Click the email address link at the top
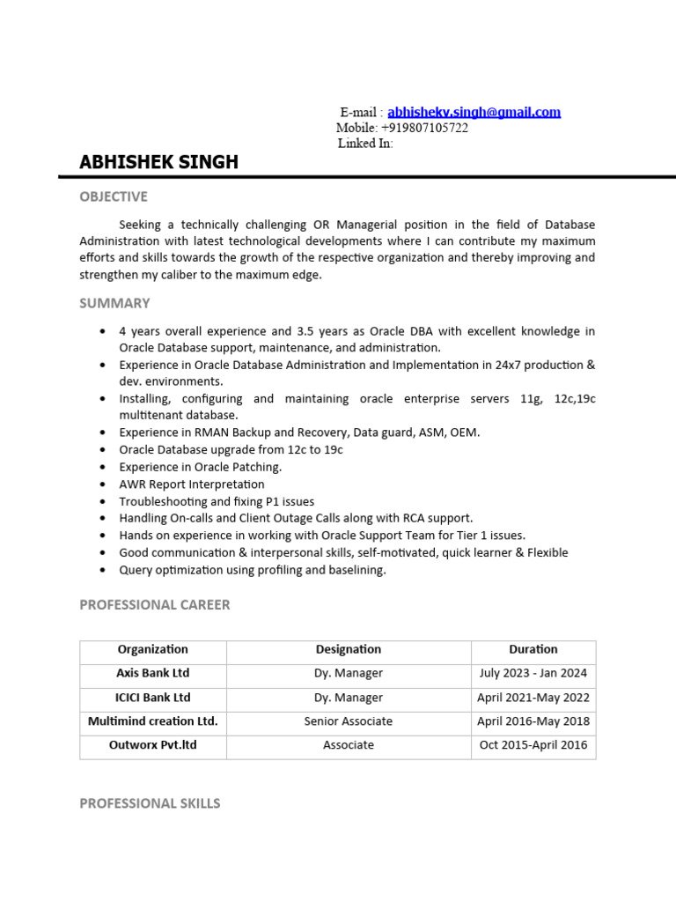click(474, 112)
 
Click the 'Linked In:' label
click(365, 143)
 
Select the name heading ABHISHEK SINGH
click(158, 162)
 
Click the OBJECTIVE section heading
click(114, 196)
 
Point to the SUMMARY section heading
click(114, 303)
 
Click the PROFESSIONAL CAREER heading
click(155, 604)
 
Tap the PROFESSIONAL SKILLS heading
click(150, 803)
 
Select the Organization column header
click(152, 649)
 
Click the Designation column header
click(349, 649)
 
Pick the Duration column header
click(533, 649)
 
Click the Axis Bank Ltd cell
click(152, 673)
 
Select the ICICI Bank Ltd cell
click(152, 698)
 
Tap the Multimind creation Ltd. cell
click(152, 721)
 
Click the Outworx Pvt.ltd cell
click(152, 745)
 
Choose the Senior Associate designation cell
click(349, 721)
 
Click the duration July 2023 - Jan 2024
click(533, 673)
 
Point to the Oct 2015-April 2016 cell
click(533, 745)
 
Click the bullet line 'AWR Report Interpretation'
click(192, 484)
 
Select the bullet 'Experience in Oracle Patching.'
click(201, 467)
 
